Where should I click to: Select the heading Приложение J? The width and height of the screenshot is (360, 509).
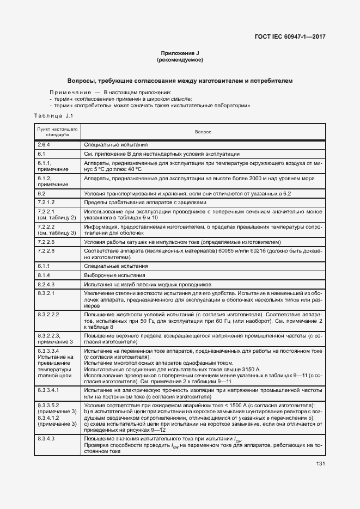(x=180, y=53)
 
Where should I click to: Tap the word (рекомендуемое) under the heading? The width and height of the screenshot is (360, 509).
(x=180, y=59)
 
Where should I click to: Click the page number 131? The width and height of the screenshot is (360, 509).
(x=320, y=463)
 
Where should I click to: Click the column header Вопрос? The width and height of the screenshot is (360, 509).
(x=203, y=132)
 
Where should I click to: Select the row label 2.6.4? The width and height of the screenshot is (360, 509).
(x=44, y=145)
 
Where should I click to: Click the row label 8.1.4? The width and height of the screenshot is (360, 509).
(x=44, y=275)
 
